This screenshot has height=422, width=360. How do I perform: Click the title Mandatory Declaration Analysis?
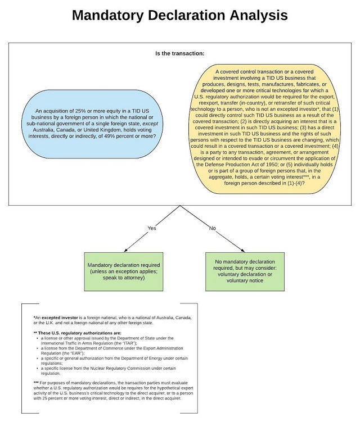179,15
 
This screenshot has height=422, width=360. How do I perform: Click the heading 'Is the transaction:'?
179,53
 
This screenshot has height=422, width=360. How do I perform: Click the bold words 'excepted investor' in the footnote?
60,318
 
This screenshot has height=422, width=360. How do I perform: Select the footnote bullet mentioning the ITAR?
107,341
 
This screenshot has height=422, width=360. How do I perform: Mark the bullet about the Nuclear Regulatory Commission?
107,370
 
